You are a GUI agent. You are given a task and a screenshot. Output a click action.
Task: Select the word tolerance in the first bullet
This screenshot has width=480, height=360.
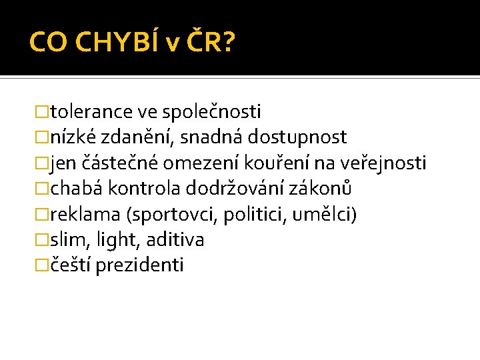[91, 111]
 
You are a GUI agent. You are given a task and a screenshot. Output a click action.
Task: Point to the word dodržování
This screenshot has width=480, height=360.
[232, 189]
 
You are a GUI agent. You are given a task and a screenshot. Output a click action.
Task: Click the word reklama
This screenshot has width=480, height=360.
[85, 215]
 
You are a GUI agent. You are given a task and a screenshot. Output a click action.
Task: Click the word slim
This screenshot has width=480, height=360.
[65, 240]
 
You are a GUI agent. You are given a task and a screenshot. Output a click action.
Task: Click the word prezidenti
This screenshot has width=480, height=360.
[139, 266]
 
